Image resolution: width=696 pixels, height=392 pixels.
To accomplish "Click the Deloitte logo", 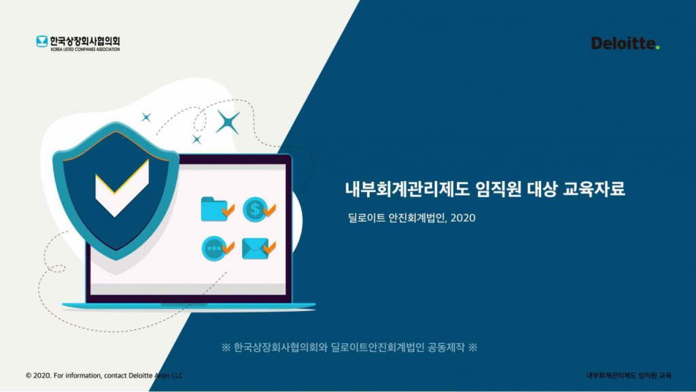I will coord(624,44).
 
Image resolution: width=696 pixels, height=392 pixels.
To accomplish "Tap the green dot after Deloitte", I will coord(658,48).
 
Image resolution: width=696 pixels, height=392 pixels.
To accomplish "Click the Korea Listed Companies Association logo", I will coord(78,43).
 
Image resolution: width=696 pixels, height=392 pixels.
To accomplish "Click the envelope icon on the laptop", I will coord(256,249).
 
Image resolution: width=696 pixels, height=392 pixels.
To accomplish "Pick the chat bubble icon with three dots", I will coord(215,248).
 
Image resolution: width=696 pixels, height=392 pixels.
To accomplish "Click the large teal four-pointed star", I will coord(228,122).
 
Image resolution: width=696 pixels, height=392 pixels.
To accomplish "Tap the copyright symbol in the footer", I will coord(29,376).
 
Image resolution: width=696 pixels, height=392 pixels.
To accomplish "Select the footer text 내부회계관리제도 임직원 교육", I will coord(629,376).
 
